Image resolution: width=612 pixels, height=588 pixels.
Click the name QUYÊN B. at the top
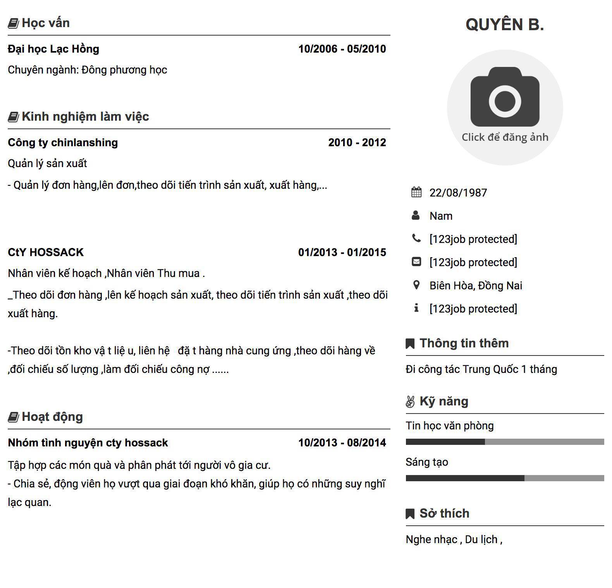click(505, 24)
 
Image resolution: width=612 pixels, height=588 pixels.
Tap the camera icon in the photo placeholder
click(505, 97)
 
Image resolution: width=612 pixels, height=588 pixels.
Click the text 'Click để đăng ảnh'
click(505, 137)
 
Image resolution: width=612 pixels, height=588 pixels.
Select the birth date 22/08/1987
click(458, 193)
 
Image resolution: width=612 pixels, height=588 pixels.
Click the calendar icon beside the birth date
click(416, 192)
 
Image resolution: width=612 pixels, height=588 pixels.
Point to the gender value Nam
click(441, 216)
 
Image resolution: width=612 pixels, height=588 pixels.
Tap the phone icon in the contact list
click(416, 238)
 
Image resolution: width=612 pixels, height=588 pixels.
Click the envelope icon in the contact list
click(416, 262)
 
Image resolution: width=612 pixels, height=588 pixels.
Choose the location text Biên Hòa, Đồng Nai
click(476, 285)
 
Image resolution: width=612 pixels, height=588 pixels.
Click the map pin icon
click(416, 285)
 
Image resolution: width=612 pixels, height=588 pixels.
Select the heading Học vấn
click(45, 23)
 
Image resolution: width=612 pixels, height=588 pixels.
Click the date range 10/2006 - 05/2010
click(342, 49)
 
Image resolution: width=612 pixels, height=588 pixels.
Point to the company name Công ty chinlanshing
click(63, 142)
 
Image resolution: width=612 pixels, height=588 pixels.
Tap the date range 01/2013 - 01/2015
click(342, 252)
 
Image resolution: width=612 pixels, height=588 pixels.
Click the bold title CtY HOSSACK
click(46, 252)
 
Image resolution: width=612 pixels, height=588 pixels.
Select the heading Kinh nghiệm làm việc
click(85, 116)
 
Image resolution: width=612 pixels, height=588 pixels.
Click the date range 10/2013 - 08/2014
click(342, 443)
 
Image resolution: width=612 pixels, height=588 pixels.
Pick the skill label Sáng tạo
click(427, 462)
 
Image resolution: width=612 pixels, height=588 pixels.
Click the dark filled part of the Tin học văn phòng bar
click(445, 442)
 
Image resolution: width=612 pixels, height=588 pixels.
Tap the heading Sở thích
click(444, 513)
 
